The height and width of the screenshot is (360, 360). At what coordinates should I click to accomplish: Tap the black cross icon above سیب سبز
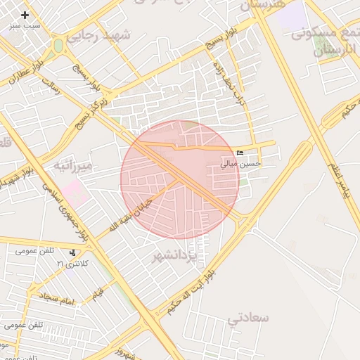coord(25,14)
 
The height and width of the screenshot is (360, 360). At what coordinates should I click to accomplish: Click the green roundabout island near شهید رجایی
coord(58,46)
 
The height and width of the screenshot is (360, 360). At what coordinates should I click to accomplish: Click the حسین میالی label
coord(240,164)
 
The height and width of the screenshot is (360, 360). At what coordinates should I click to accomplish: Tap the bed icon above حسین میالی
coord(240,153)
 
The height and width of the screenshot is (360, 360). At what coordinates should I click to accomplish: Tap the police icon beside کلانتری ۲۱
coord(72,253)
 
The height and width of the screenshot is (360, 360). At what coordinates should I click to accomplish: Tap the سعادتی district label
coord(248,318)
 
